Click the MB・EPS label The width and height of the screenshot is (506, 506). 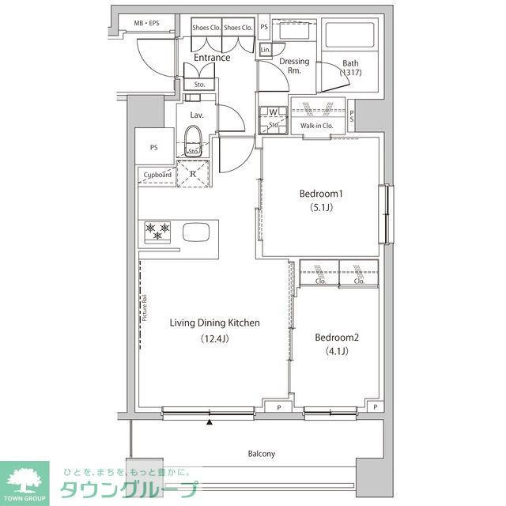(x=146, y=24)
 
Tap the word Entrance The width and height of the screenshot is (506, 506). (x=211, y=57)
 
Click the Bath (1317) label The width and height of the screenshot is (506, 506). (x=350, y=69)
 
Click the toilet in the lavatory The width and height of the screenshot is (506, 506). (x=194, y=139)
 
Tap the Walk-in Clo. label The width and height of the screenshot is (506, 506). (x=317, y=125)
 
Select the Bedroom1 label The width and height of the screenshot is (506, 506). (x=320, y=194)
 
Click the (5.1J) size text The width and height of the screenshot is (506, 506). (x=320, y=210)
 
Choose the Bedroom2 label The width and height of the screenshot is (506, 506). (x=337, y=338)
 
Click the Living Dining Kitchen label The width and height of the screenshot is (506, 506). (x=215, y=323)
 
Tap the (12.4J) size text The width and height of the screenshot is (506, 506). (x=215, y=339)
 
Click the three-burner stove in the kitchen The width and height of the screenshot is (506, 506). (x=157, y=231)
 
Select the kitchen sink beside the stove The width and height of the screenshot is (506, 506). (x=196, y=232)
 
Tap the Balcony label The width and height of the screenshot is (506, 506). (x=261, y=454)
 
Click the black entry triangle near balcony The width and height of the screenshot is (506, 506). (x=210, y=422)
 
